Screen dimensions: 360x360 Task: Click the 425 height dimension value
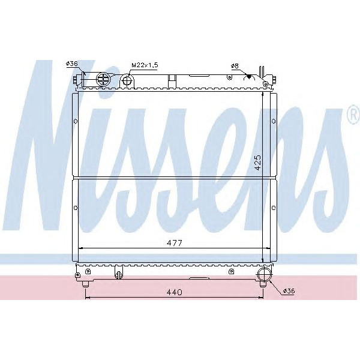click(x=258, y=163)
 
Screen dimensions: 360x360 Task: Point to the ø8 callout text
click(x=234, y=65)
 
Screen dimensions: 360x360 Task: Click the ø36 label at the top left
click(x=72, y=64)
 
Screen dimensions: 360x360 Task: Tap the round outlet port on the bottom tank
click(x=263, y=275)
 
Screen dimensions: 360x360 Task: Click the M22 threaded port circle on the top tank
click(x=127, y=80)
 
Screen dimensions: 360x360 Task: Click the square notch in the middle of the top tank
click(x=172, y=79)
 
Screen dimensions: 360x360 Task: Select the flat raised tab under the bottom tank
click(x=198, y=278)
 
